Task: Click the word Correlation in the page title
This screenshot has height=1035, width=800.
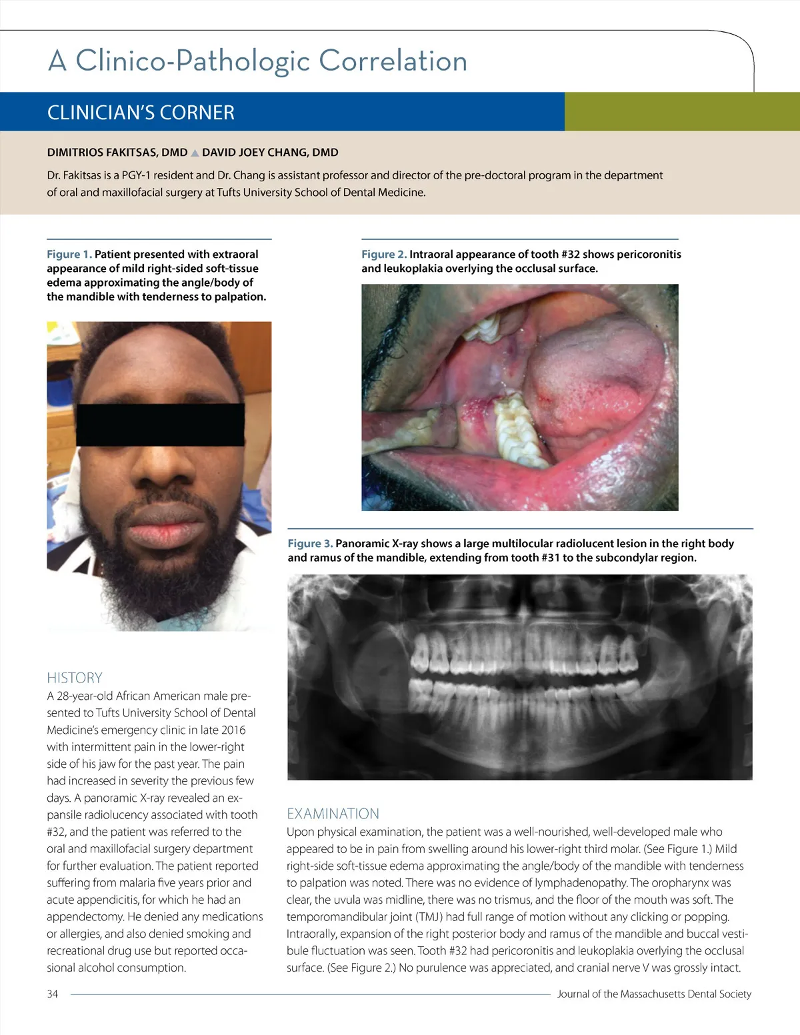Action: click(x=393, y=61)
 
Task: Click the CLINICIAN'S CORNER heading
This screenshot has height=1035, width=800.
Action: click(x=141, y=113)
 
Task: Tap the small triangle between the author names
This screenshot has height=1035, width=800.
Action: click(x=195, y=153)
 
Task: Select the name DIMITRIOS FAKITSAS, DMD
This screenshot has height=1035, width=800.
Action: click(x=117, y=153)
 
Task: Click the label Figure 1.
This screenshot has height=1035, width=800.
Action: click(x=69, y=255)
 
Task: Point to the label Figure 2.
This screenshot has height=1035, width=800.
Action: click(x=383, y=255)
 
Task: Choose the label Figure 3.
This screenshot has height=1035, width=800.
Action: click(x=310, y=544)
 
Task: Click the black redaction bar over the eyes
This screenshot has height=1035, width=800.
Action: click(x=160, y=424)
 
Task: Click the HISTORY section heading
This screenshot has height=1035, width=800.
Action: click(x=75, y=678)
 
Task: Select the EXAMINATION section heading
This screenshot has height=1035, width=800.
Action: click(x=333, y=814)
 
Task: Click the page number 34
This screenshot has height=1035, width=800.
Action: click(x=53, y=994)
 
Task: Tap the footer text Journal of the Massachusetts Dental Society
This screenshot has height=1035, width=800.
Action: click(x=654, y=994)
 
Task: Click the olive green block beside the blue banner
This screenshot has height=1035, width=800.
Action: click(x=681, y=112)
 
